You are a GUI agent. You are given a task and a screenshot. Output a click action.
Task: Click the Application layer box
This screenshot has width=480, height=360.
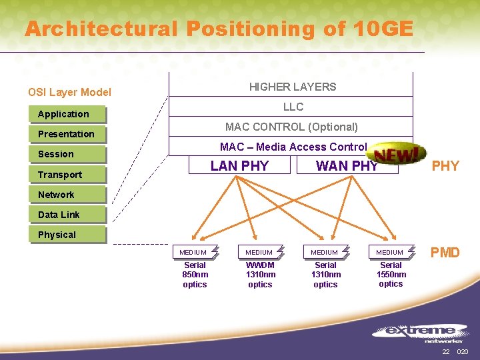click(x=67, y=115)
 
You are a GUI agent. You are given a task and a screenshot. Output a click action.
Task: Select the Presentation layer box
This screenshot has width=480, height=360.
click(x=67, y=135)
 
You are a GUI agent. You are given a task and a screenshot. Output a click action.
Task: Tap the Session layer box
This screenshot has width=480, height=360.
click(x=67, y=155)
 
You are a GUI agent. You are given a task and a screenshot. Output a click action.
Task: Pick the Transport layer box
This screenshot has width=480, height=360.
click(x=67, y=175)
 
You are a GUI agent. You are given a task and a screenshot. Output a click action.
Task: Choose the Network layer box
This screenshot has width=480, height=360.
click(x=67, y=195)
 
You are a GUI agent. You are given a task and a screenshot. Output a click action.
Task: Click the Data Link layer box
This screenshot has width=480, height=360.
click(x=67, y=215)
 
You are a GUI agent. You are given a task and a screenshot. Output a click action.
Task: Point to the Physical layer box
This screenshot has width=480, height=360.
click(x=67, y=235)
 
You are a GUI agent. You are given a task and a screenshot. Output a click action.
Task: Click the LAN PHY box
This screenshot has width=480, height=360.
click(x=239, y=166)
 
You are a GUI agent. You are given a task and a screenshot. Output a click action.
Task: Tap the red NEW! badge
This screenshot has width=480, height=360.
click(x=398, y=155)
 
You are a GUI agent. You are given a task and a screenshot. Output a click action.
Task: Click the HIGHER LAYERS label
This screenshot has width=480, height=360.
click(x=293, y=87)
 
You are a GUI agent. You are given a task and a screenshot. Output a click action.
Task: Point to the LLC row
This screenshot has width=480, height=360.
click(x=293, y=107)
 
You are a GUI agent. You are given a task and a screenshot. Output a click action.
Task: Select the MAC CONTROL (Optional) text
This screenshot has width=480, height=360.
click(x=291, y=127)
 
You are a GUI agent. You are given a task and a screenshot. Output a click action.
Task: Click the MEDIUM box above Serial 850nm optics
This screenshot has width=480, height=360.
click(x=193, y=252)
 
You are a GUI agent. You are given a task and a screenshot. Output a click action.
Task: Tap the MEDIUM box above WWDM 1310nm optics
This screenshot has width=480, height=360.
click(x=259, y=252)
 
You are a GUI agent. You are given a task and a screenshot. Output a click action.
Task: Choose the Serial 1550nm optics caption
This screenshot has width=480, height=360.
click(x=391, y=274)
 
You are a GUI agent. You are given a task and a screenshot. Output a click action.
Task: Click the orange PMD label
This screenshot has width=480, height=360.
click(x=445, y=253)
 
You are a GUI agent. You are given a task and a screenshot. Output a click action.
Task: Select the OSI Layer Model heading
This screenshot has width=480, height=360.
click(x=69, y=93)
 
